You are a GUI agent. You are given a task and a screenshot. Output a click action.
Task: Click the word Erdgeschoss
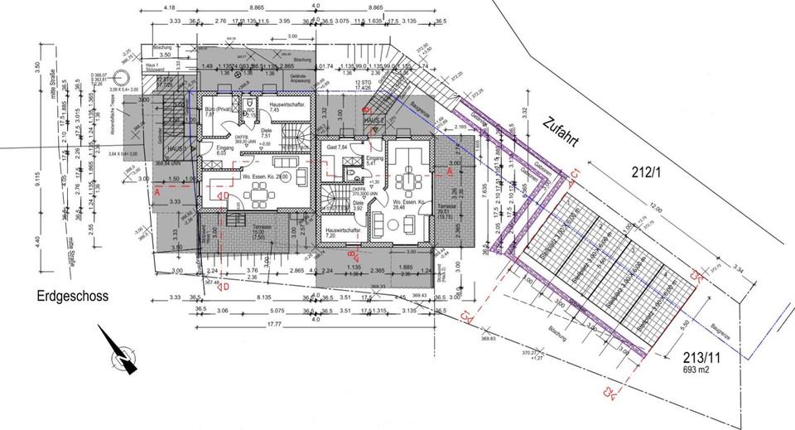coord(72,296)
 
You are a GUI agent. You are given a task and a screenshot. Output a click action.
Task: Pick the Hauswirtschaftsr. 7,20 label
coord(341,232)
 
